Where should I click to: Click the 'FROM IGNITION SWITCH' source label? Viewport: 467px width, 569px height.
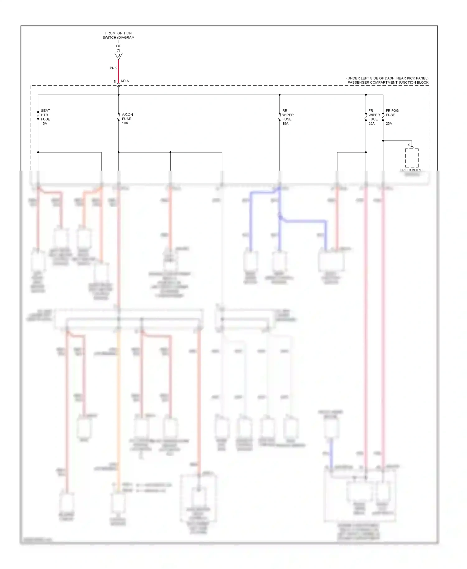pos(118,35)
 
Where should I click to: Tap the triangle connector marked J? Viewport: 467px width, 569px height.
pos(119,56)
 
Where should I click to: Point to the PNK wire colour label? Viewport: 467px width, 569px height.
pos(113,68)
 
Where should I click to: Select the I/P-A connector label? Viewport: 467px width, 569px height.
pos(125,81)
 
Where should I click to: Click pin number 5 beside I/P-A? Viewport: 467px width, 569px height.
pos(115,82)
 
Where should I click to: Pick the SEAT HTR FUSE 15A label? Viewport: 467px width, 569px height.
pos(45,117)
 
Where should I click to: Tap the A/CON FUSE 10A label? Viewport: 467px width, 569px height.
pos(127,119)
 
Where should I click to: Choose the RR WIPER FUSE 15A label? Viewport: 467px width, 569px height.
pos(288,117)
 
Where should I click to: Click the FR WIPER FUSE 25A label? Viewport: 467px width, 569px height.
pos(374,117)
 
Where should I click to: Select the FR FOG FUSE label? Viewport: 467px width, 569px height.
pos(392,113)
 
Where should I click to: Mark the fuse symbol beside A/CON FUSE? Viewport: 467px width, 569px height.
pos(119,117)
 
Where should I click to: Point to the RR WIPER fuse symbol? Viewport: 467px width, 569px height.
pos(280,117)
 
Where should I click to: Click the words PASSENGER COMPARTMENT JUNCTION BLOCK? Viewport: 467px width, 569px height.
pos(388,82)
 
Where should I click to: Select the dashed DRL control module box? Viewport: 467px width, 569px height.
pos(412,158)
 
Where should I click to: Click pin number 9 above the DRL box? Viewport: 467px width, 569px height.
pos(409,145)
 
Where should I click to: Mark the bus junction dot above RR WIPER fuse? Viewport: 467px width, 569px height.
pos(280,95)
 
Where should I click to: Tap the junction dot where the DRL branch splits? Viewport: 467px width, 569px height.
pos(383,141)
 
